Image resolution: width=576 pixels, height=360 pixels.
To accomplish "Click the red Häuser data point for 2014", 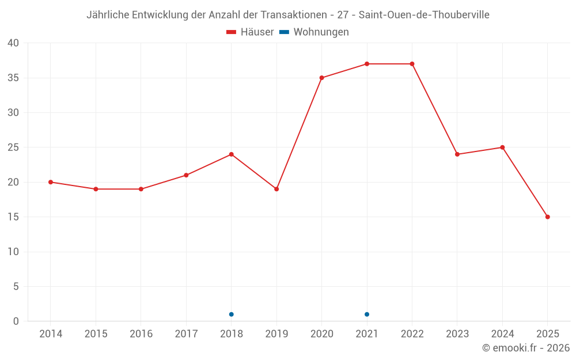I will pyautogui.click(x=51, y=182).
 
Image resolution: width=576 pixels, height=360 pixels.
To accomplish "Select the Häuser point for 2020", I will pyautogui.click(x=321, y=78).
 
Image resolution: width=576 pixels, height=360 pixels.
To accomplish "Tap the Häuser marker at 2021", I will pyautogui.click(x=367, y=64).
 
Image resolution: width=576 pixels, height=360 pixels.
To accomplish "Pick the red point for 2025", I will pyautogui.click(x=548, y=217).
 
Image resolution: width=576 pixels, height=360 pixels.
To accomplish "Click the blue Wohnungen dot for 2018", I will pyautogui.click(x=232, y=314).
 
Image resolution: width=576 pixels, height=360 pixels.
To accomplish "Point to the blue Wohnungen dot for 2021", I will pyautogui.click(x=367, y=314).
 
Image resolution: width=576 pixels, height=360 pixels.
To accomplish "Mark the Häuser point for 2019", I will pyautogui.click(x=276, y=189).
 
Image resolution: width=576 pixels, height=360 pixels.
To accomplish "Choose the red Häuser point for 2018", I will pyautogui.click(x=232, y=154).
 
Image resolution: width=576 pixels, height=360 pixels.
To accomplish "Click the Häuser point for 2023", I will pyautogui.click(x=457, y=154).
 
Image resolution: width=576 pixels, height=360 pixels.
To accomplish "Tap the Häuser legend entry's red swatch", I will pyautogui.click(x=232, y=32).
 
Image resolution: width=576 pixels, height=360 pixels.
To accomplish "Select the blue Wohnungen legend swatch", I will pyautogui.click(x=284, y=32).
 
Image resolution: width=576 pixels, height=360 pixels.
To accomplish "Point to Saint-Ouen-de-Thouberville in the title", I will pyautogui.click(x=424, y=15).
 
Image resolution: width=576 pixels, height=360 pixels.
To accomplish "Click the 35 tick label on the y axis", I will pyautogui.click(x=13, y=78).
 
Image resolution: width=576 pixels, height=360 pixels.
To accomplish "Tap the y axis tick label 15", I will pyautogui.click(x=13, y=217).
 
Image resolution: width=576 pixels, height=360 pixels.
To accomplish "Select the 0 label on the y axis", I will pyautogui.click(x=16, y=321).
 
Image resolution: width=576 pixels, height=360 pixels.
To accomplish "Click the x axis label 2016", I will pyautogui.click(x=141, y=334).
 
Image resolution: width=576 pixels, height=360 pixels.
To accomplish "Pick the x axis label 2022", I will pyautogui.click(x=412, y=334).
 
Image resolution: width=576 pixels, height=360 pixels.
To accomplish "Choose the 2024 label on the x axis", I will pyautogui.click(x=502, y=334).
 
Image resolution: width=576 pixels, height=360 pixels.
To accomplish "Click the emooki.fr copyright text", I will pyautogui.click(x=526, y=348).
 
